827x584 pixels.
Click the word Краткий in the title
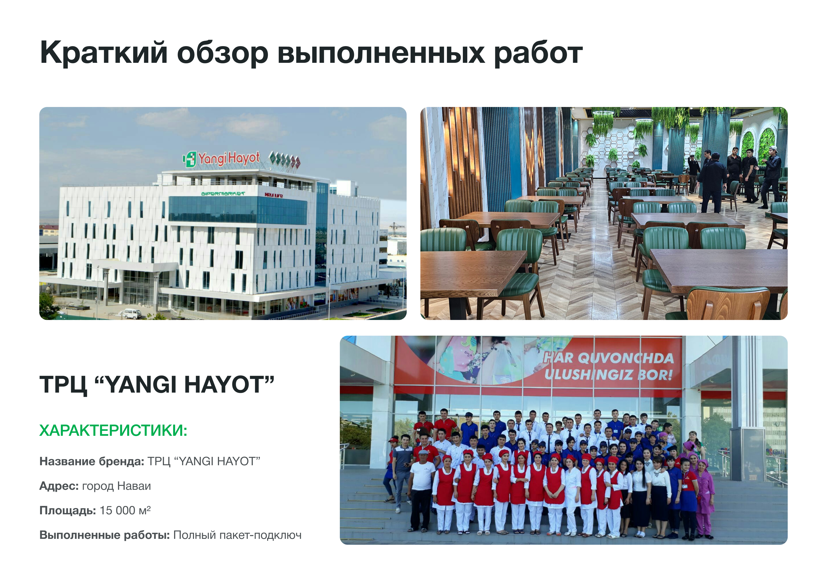(104, 53)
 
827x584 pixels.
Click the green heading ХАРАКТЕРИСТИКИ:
(113, 430)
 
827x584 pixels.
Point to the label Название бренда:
(92, 461)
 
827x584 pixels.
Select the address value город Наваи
(116, 486)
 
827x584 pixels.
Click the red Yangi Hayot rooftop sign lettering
(229, 158)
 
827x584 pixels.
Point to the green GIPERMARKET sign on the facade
(223, 194)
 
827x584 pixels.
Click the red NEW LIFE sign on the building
(274, 195)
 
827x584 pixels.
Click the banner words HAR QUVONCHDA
(608, 358)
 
